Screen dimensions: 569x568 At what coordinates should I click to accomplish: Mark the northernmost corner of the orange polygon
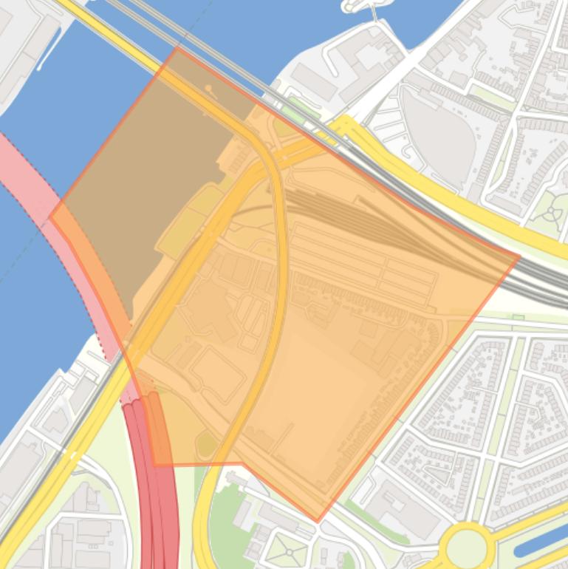178,49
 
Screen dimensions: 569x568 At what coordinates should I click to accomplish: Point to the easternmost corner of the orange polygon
519,257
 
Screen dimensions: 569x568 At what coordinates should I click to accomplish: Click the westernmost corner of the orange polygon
50,217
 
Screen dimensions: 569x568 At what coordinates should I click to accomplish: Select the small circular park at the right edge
552,214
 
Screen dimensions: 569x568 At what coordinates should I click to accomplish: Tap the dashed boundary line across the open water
30,251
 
